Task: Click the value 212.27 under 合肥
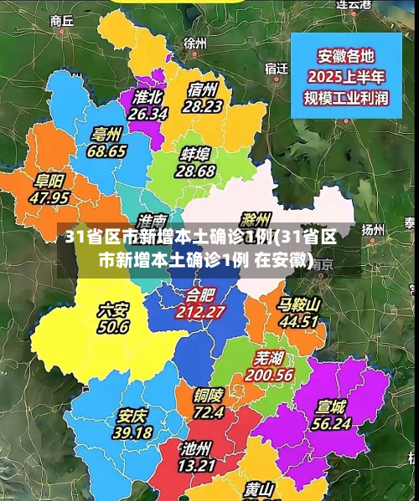click(200, 311)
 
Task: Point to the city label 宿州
click(204, 89)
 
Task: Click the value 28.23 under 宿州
click(203, 106)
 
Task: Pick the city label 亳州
click(107, 134)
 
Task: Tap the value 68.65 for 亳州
click(106, 151)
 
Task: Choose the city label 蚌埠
click(195, 153)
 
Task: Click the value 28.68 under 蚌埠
click(195, 171)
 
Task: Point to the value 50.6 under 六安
click(113, 327)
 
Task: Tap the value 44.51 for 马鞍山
click(299, 321)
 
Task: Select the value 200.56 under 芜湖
click(269, 375)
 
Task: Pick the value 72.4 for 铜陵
click(209, 412)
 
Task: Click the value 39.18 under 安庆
click(132, 432)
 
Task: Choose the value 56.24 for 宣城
click(331, 423)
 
